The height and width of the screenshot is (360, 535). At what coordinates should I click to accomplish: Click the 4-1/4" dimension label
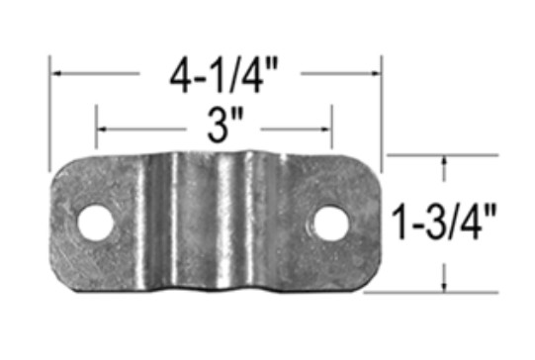click(223, 75)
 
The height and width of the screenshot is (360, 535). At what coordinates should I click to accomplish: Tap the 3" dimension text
click(225, 126)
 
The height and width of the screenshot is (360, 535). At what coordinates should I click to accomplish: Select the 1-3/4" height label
click(444, 223)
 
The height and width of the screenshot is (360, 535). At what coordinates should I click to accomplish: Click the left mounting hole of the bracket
click(96, 223)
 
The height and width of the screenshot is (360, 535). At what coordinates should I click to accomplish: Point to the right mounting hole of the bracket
click(331, 224)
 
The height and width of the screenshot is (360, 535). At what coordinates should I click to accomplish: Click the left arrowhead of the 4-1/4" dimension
click(57, 73)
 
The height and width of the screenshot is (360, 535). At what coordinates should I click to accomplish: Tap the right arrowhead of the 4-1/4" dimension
click(375, 73)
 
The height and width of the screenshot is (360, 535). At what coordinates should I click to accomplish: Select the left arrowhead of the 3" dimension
click(103, 130)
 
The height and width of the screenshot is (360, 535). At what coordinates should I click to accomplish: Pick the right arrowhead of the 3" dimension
click(325, 129)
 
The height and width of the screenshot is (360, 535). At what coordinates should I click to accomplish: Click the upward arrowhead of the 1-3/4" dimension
click(444, 161)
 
